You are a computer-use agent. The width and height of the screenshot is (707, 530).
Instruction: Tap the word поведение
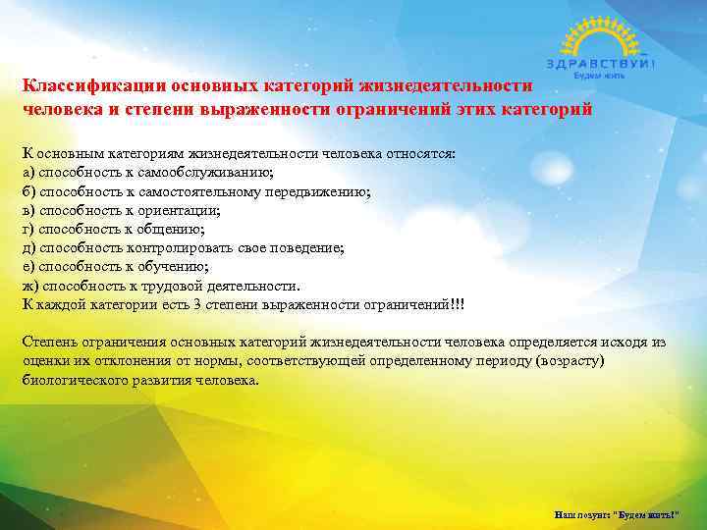[305, 248]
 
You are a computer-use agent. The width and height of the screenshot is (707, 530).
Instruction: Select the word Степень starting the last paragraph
[51, 342]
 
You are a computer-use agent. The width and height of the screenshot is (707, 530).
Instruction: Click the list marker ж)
[30, 286]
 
